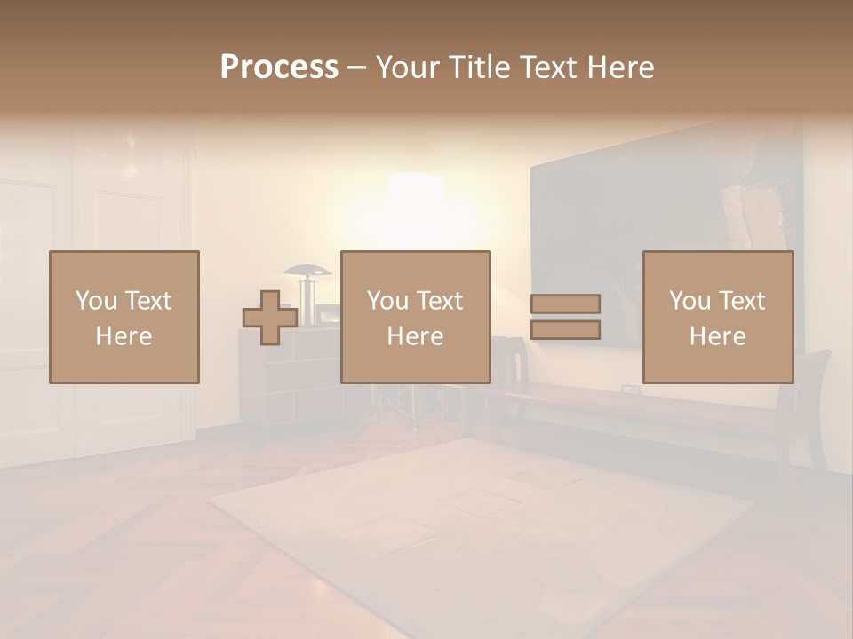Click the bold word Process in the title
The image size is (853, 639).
279,67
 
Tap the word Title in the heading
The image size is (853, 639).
479,67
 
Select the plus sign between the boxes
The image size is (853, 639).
270,318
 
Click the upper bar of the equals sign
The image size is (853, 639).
565,304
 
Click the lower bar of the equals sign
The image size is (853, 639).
565,330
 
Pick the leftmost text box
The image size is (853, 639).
124,317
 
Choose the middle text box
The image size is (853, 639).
415,317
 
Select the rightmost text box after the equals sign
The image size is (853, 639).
718,317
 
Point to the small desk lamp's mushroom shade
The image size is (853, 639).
307,270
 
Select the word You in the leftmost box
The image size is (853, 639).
96,301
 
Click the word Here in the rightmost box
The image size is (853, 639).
718,335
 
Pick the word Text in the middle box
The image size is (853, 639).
440,301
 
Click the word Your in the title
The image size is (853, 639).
408,67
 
